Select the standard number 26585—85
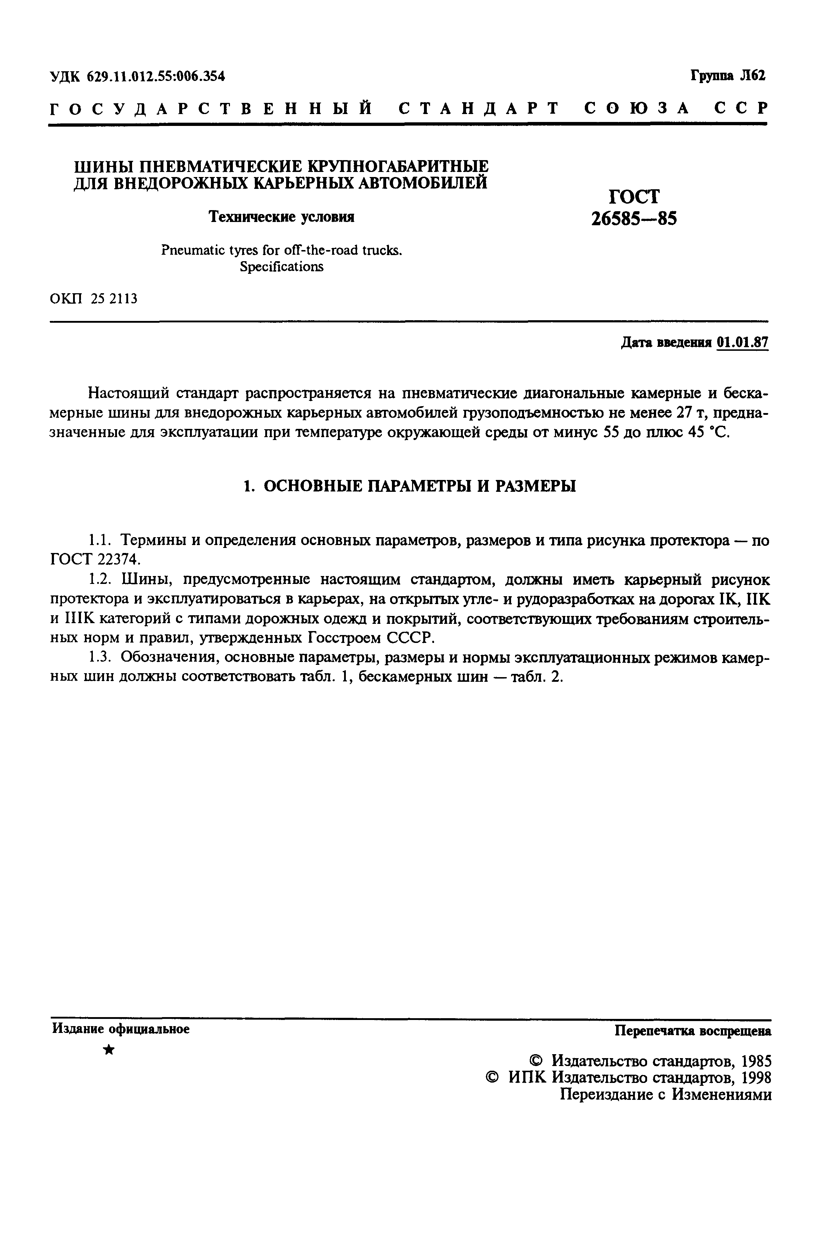633,218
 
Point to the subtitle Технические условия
281,217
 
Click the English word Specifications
281,267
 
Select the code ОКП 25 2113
94,299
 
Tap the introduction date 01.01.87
742,343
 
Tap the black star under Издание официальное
109,1050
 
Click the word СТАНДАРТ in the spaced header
478,108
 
